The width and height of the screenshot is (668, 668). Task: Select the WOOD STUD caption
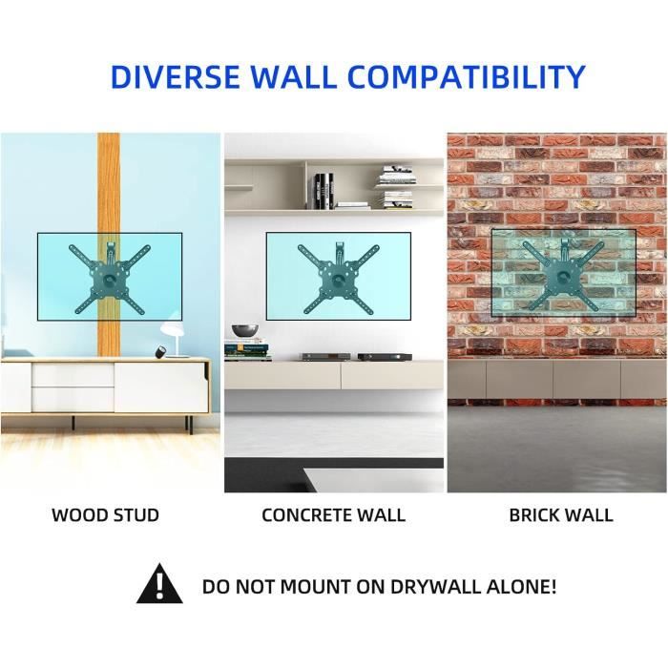(105, 515)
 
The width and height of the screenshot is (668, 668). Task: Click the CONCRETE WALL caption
(333, 515)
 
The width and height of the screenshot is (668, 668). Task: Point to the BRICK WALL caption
(560, 515)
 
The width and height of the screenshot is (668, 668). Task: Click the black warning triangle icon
(159, 585)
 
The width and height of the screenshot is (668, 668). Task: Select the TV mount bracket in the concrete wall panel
(338, 276)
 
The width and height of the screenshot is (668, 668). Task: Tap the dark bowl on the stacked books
(245, 330)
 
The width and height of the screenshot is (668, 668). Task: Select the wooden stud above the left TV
(109, 181)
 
